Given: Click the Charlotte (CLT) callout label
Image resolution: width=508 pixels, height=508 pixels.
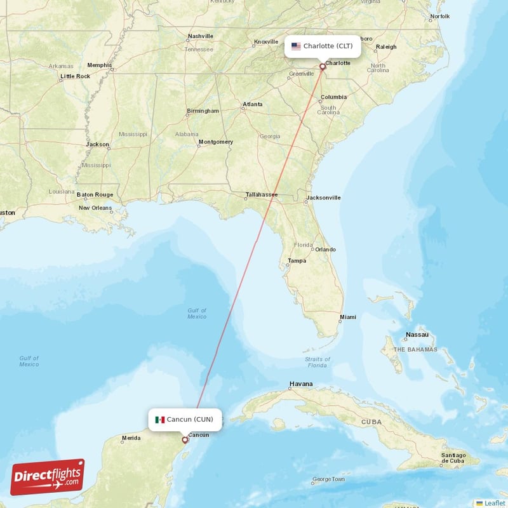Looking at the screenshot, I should [323, 46].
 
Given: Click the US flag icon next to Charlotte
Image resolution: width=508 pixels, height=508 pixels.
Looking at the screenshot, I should [296, 46].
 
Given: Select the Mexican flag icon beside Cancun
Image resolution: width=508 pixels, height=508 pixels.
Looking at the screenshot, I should [160, 419].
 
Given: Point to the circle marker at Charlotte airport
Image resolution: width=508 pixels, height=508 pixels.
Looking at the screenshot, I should [322, 66].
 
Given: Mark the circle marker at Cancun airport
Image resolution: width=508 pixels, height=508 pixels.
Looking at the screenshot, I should [185, 439].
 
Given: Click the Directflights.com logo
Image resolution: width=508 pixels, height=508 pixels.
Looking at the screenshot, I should [48, 477].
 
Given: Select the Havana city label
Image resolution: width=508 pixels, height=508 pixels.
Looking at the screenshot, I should [301, 384].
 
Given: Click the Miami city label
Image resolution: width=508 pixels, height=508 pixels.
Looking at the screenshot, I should [347, 317].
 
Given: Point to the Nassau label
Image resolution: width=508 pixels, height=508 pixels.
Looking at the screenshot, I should [417, 335].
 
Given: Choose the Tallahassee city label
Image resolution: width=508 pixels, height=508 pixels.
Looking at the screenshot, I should [262, 194].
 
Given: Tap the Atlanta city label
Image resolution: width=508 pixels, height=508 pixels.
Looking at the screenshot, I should [252, 104].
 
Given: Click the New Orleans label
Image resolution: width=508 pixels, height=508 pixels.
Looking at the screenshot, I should [95, 208].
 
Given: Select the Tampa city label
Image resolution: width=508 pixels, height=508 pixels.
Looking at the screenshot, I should [297, 260].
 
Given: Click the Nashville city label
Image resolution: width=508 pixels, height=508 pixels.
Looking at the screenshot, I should [200, 36].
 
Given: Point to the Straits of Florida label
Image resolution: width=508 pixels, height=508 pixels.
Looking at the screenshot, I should [317, 363].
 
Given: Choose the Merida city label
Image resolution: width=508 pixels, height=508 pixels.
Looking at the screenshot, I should [131, 438].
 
